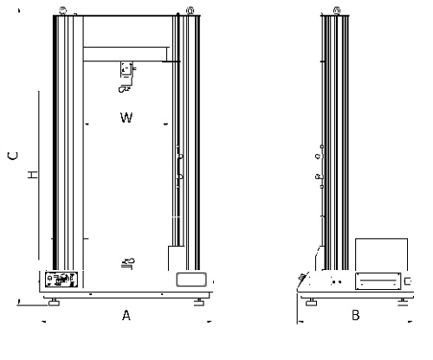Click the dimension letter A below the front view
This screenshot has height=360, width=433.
coord(126,315)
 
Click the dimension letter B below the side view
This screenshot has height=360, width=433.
coord(356,315)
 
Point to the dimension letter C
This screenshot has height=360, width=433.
coord(13,156)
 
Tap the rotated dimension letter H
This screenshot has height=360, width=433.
coord(33,175)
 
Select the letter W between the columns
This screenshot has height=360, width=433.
coord(126,118)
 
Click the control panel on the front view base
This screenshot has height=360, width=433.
coord(61,280)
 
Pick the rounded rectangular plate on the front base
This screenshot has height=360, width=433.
coord(191,280)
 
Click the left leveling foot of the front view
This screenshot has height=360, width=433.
coord(54,302)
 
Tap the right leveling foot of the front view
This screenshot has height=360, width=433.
coord(199,302)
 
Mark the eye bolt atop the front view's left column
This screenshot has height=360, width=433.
coord(62,11)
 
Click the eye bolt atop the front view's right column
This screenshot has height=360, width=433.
coord(190,11)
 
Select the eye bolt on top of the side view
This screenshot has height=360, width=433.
coord(337,11)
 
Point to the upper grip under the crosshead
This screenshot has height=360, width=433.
coord(126,76)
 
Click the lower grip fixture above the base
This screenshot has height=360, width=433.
coord(128,263)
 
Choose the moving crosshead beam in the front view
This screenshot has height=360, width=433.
coord(125,54)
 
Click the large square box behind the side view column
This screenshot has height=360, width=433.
coord(381,254)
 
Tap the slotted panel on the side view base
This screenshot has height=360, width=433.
coord(378,280)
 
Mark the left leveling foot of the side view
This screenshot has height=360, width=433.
coord(311,302)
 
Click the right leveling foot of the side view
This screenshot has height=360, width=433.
coord(403,302)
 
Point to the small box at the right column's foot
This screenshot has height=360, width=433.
coord(177,258)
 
